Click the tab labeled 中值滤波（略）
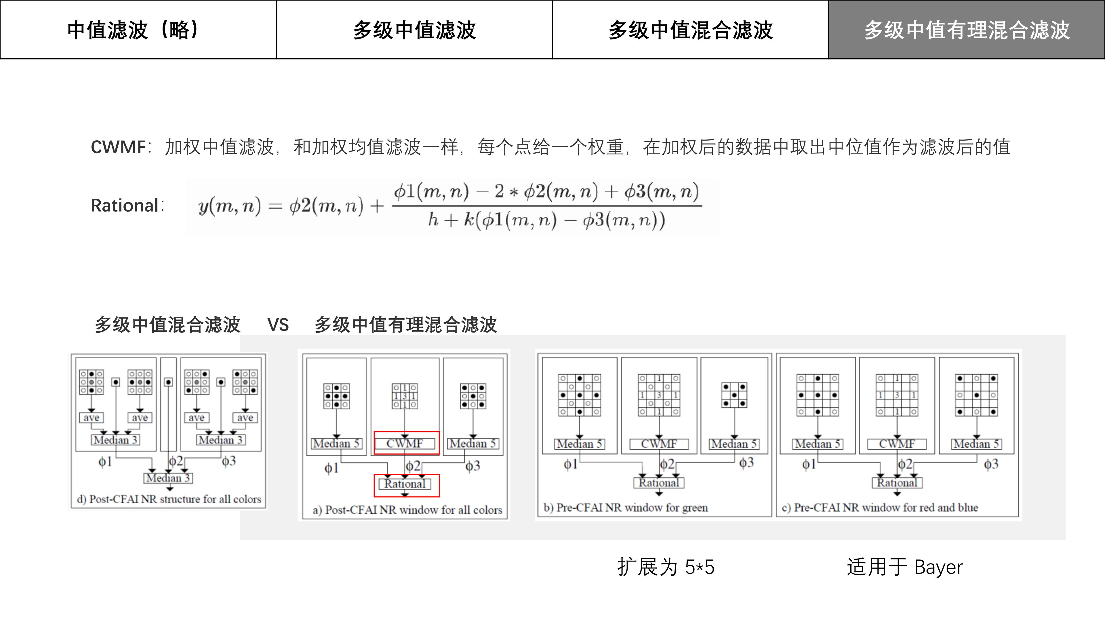[x=138, y=30]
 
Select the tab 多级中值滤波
[x=414, y=30]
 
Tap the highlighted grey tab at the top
[x=967, y=30]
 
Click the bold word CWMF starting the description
[x=118, y=147]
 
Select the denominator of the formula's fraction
[x=546, y=220]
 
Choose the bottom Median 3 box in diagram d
[x=168, y=478]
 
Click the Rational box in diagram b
[x=659, y=483]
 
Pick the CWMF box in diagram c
[x=897, y=444]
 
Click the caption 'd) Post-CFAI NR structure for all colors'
[x=169, y=499]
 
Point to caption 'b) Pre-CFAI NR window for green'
[x=625, y=507]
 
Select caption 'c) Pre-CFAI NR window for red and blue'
[x=880, y=507]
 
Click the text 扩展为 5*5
[x=666, y=567]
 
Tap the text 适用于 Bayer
[x=905, y=567]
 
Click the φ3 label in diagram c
[x=991, y=464]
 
